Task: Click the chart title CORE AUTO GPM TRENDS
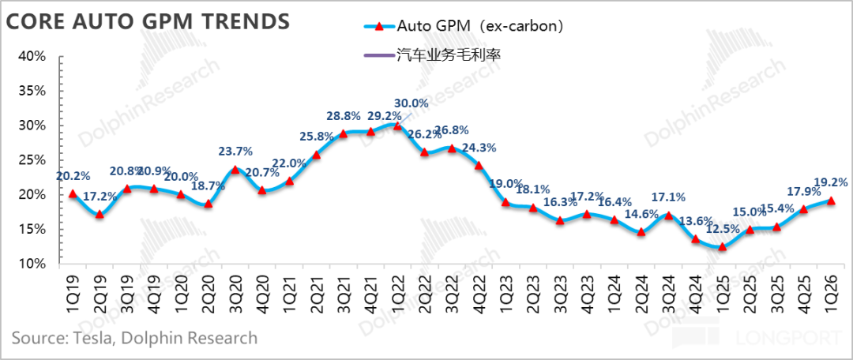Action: (148, 21)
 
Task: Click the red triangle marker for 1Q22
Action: (397, 126)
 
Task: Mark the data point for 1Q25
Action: (722, 247)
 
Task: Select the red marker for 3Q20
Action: (235, 170)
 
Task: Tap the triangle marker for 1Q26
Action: (830, 201)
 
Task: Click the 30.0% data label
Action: (411, 103)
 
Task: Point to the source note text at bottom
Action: (134, 338)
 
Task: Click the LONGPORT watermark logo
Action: (759, 339)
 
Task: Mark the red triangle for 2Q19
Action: (100, 214)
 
